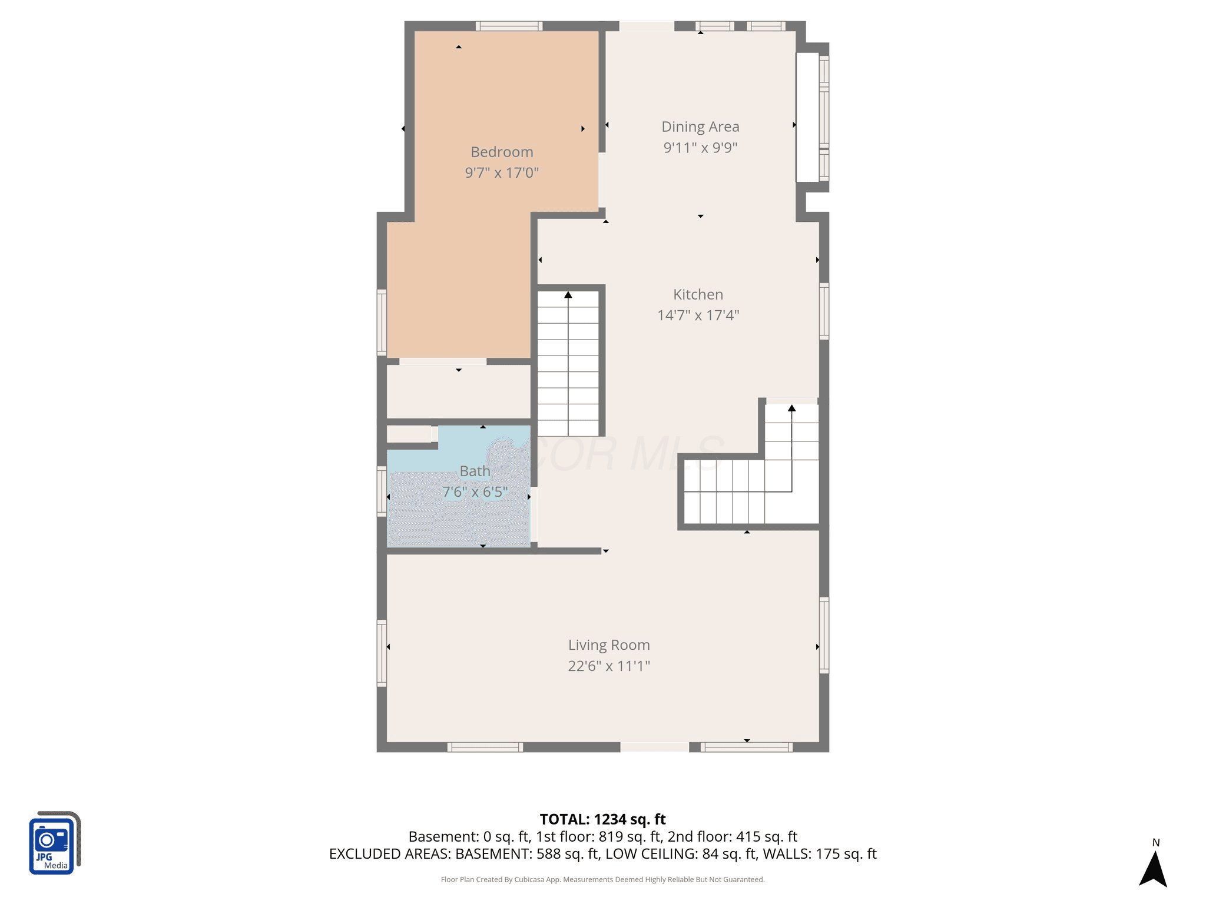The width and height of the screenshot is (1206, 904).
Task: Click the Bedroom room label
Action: point(502,152)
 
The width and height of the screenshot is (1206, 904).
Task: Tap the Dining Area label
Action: point(700,127)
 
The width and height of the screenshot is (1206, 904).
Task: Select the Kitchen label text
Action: point(698,294)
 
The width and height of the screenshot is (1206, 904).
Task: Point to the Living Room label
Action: point(609,645)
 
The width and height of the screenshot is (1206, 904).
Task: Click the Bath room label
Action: point(475,471)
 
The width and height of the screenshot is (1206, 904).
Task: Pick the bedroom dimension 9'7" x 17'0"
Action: point(502,172)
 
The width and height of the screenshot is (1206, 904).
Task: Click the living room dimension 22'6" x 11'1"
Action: point(609,666)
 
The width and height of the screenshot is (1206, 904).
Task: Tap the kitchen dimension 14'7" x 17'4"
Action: point(698,315)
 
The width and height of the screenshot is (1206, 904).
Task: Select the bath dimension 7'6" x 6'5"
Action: point(475,491)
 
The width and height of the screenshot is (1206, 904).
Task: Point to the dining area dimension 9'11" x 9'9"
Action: point(700,147)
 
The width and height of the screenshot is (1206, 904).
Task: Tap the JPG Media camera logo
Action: point(54,843)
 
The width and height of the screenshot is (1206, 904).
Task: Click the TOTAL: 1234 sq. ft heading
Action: point(602,819)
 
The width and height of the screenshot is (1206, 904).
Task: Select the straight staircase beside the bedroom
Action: point(568,363)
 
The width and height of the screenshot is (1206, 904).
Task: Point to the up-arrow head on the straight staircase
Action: point(568,294)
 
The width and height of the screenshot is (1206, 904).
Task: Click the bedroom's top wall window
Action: point(509,26)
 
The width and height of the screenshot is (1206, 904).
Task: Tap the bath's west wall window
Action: point(382,491)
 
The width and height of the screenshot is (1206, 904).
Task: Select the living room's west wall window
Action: point(382,653)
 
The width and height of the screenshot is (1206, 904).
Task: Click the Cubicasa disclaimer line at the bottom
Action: point(602,879)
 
